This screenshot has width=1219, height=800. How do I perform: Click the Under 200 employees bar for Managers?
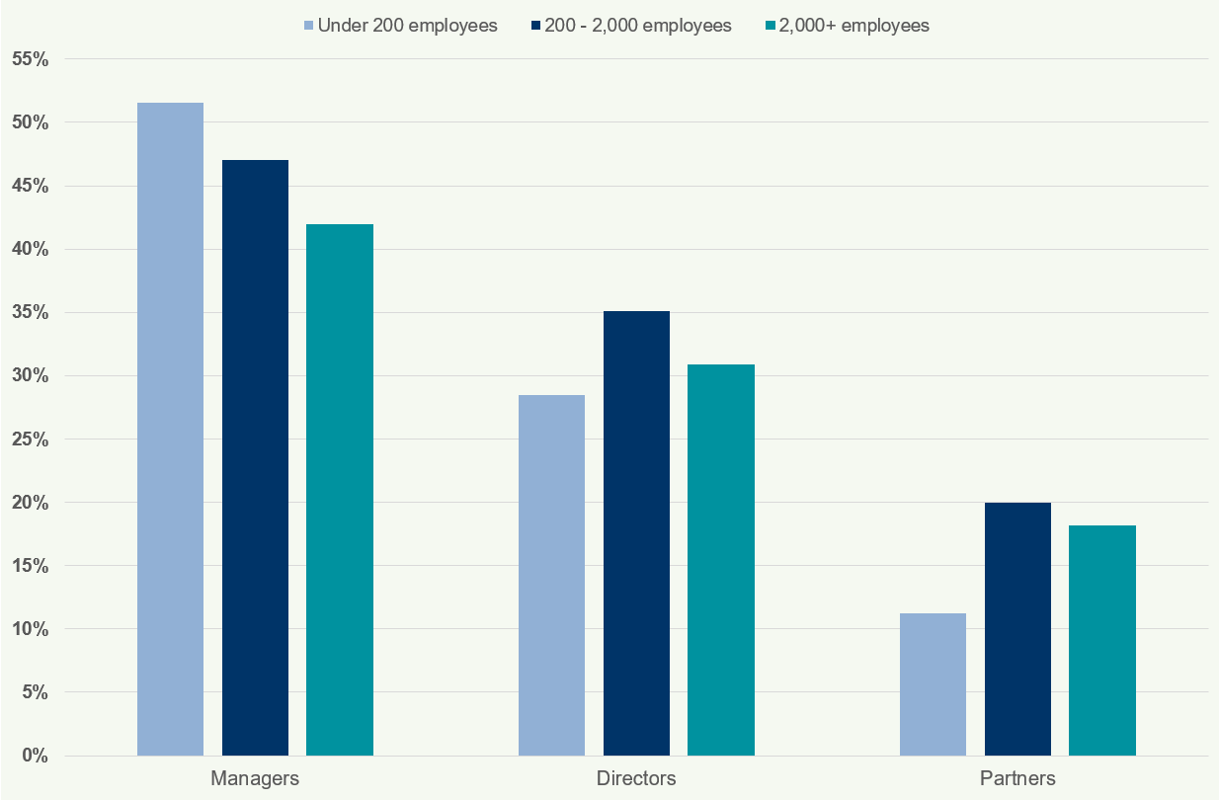[x=170, y=430]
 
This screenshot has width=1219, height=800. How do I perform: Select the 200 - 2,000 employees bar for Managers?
[x=255, y=458]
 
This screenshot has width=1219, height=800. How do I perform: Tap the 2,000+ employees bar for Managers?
[x=340, y=490]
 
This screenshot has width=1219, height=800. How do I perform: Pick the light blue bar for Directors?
[x=551, y=576]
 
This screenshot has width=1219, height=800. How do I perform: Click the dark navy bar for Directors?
[x=636, y=533]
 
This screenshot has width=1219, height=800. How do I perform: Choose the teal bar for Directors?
[x=721, y=560]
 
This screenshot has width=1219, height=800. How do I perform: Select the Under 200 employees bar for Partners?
[x=933, y=684]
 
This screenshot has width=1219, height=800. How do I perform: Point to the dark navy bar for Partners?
[x=1017, y=629]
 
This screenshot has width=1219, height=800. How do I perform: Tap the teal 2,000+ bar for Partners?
[x=1102, y=640]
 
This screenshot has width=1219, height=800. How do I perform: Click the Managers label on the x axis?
[x=255, y=778]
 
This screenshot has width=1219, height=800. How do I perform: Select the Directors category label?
[x=636, y=778]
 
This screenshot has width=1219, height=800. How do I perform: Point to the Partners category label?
[x=1017, y=778]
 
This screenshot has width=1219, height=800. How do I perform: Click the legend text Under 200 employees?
[x=407, y=26]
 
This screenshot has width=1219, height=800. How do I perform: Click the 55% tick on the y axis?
[x=30, y=59]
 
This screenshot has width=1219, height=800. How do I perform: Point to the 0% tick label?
[x=35, y=756]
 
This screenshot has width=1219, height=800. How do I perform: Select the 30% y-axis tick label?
[x=30, y=376]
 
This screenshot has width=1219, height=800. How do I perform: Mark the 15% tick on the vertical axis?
[x=30, y=566]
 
